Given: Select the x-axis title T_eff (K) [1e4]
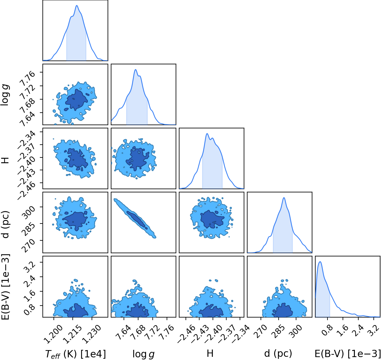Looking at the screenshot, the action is (75, 354).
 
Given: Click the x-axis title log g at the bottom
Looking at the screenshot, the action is (143, 354).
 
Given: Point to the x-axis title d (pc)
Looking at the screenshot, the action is (278, 354).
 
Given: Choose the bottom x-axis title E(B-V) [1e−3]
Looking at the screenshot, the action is (348, 354).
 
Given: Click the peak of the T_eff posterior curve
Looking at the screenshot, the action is (77, 5).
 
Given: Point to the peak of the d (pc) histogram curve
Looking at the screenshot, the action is (284, 198).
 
